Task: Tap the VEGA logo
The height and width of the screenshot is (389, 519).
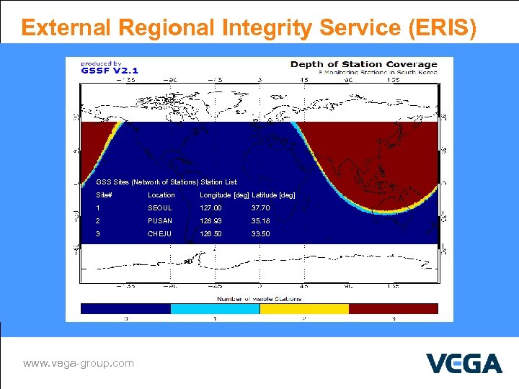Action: point(463,364)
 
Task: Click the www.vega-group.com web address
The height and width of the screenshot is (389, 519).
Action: point(79,363)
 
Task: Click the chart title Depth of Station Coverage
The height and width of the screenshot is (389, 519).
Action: point(363,65)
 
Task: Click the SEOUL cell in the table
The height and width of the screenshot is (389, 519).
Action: point(159,208)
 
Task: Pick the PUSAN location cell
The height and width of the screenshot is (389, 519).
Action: point(159,221)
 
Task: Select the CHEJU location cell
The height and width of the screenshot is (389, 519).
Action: point(159,234)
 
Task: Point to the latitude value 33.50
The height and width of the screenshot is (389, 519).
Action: point(260,234)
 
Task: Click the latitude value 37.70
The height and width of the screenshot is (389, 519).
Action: point(260,208)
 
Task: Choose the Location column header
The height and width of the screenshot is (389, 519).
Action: point(161,195)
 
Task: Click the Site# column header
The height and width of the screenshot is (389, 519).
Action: point(105,195)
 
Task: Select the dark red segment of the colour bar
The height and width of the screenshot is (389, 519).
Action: point(393,308)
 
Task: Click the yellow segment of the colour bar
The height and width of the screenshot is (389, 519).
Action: point(303,308)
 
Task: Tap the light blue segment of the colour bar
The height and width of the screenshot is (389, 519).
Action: point(215,308)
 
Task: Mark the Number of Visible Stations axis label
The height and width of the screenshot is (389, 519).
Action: point(259,298)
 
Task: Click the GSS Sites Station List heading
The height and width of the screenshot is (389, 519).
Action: point(167,182)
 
